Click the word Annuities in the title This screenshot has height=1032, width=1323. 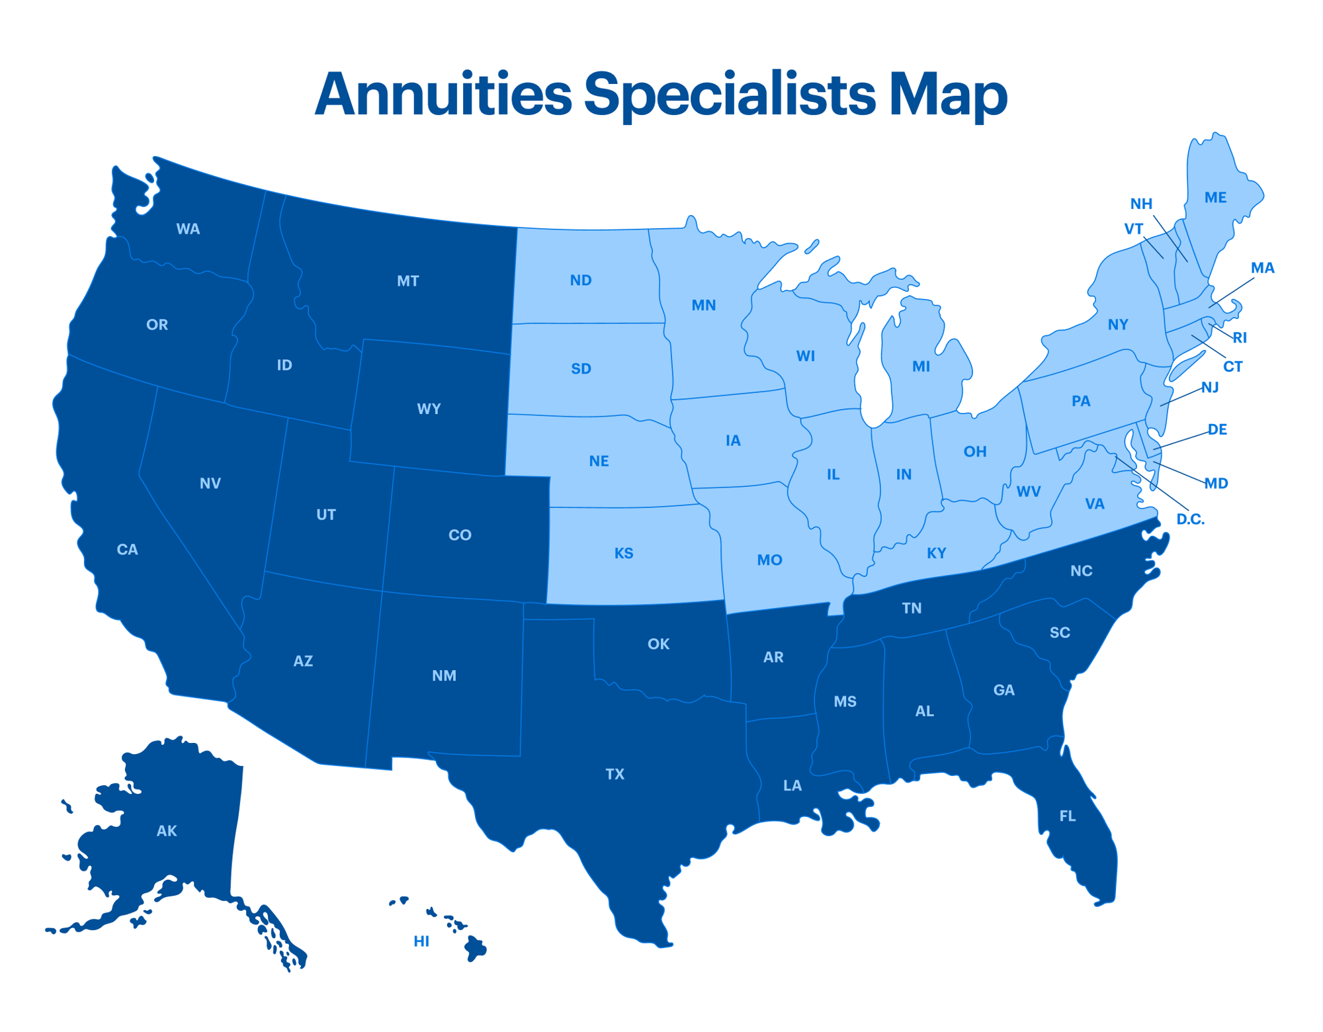pos(443,95)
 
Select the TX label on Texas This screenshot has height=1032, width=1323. pos(615,774)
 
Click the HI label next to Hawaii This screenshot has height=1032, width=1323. pos(421,941)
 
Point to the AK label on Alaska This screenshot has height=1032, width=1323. pos(167,831)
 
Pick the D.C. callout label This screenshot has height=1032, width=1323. pos(1190,520)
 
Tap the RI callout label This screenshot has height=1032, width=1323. pos(1240,338)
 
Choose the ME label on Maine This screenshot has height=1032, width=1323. pos(1215,198)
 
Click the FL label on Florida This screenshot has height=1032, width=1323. pos(1067,816)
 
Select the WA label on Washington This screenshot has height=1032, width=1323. pos(188,230)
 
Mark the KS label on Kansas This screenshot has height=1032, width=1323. pos(623,553)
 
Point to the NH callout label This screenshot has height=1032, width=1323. pos(1141,204)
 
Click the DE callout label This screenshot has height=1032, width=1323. pos(1217,430)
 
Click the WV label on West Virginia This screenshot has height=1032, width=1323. pos(1028,492)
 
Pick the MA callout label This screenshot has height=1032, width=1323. pos(1262,269)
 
